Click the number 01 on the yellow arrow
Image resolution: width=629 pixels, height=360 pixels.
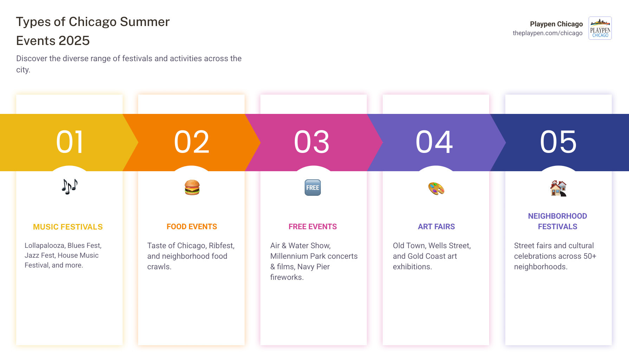(70, 142)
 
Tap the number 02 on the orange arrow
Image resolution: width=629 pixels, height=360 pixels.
(192, 142)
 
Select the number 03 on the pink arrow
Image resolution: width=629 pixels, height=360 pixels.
(312, 142)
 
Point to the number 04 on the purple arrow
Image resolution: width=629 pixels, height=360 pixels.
(434, 142)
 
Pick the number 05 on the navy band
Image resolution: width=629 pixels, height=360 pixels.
(558, 142)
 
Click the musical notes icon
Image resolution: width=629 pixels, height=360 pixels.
(70, 187)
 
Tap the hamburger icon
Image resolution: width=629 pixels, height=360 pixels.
(192, 187)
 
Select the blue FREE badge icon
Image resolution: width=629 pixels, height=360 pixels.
(313, 187)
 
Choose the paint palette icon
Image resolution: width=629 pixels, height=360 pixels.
(436, 188)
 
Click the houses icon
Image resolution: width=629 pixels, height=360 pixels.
(558, 188)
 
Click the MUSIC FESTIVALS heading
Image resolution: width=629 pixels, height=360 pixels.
(68, 227)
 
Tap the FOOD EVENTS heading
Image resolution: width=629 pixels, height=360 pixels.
(192, 227)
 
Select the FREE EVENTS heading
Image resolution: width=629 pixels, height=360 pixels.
(313, 227)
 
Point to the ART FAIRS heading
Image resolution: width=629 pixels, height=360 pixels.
(436, 227)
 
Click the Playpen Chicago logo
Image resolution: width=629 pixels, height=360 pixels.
(600, 28)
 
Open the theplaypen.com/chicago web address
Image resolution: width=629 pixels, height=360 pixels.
(547, 33)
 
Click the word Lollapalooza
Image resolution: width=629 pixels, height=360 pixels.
(44, 245)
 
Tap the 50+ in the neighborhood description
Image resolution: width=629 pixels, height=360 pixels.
(590, 256)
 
